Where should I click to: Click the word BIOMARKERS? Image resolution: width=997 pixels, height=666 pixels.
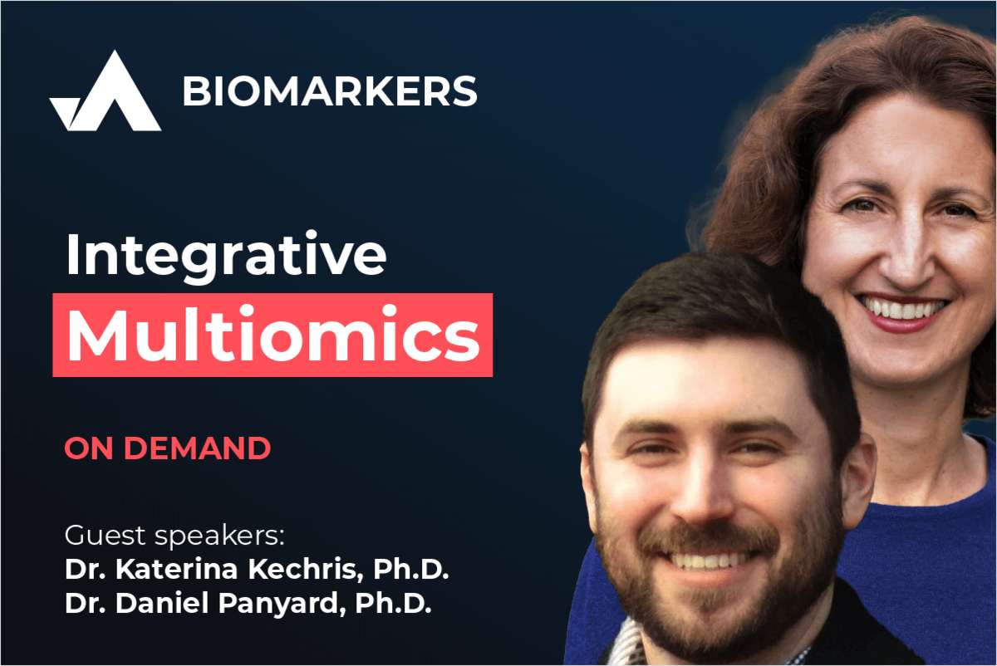(x=330, y=91)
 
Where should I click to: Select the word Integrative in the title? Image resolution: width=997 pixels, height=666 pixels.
(x=225, y=255)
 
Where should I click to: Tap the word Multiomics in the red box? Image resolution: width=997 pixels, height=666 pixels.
(x=273, y=335)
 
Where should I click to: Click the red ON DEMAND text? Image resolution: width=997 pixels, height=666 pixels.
(x=167, y=448)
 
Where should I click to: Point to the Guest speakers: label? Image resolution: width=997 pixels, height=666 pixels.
(x=174, y=534)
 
